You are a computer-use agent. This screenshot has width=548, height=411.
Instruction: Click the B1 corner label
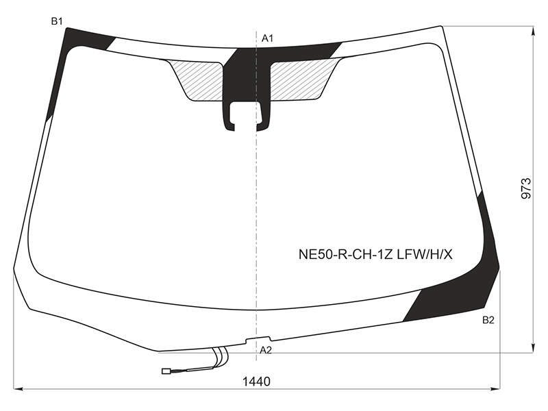pyautogui.click(x=57, y=21)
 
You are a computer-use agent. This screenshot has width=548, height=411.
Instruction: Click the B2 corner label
pyautogui.click(x=488, y=320)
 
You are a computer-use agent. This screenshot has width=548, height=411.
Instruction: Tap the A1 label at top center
pyautogui.click(x=267, y=38)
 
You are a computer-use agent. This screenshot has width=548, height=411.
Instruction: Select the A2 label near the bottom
pyautogui.click(x=266, y=350)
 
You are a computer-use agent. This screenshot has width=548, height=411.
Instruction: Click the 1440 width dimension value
pyautogui.click(x=256, y=382)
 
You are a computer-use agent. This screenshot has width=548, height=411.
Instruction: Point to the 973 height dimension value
pyautogui.click(x=526, y=189)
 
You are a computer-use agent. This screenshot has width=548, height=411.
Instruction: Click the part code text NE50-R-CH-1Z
pyautogui.click(x=347, y=255)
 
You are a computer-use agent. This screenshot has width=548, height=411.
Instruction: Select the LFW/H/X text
pyautogui.click(x=425, y=255)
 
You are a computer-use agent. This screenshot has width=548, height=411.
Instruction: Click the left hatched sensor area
pyautogui.click(x=199, y=79)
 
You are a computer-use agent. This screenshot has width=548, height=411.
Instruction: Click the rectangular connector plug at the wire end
pyautogui.click(x=166, y=371)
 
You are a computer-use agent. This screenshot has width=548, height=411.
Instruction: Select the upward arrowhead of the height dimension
pyautogui.click(x=533, y=32)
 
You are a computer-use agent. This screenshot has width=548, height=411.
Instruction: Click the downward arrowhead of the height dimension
pyautogui.click(x=533, y=348)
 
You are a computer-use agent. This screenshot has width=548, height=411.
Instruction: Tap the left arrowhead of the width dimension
pyautogui.click(x=18, y=388)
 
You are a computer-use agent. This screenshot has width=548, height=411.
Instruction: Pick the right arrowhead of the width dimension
pyautogui.click(x=495, y=388)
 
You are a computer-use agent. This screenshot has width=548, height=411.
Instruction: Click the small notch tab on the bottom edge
pyautogui.click(x=258, y=339)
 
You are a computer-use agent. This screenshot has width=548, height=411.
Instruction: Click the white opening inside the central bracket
pyautogui.click(x=247, y=114)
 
